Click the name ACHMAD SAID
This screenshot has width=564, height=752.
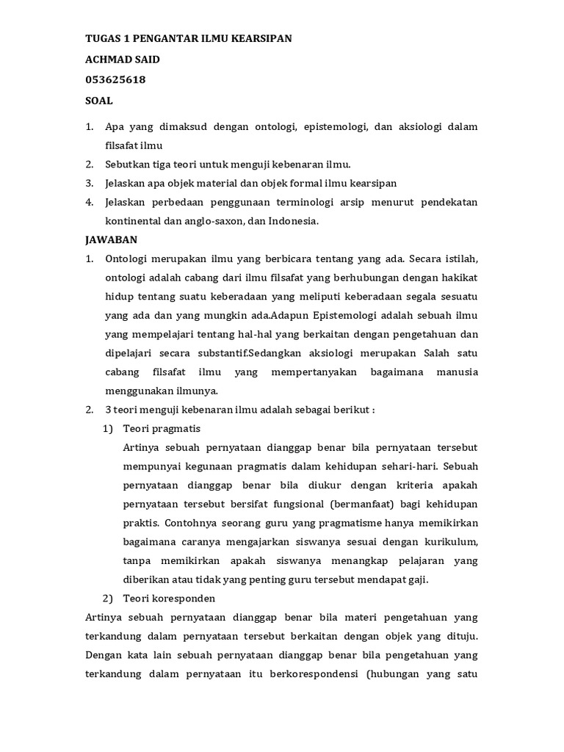123,59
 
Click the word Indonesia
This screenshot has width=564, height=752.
292,220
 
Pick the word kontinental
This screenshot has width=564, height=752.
134,220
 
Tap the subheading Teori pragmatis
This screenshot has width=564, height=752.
162,428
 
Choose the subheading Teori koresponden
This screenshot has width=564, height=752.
169,599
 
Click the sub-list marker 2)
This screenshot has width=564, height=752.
108,599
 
